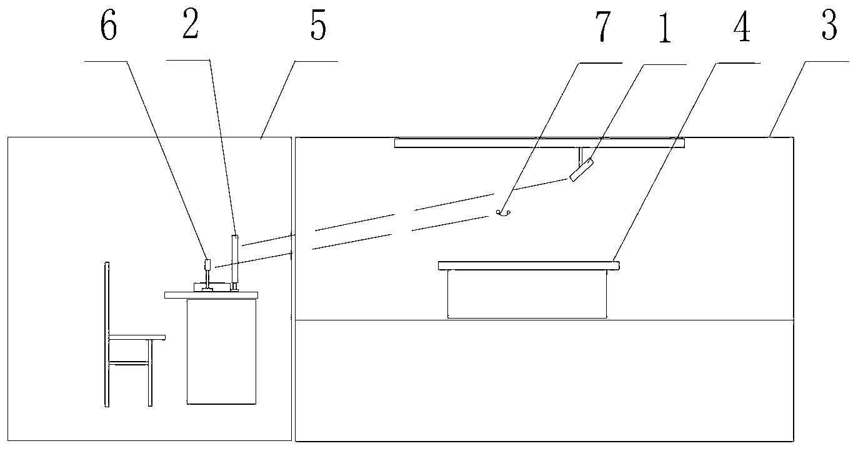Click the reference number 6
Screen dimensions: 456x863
click(x=109, y=27)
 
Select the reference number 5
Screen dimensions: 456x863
click(x=318, y=27)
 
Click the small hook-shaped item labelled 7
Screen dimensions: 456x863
click(x=503, y=213)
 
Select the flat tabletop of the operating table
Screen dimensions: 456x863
click(x=529, y=266)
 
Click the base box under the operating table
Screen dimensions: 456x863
click(x=527, y=294)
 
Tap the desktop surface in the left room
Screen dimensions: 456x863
click(x=211, y=294)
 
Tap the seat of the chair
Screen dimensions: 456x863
click(x=137, y=337)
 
